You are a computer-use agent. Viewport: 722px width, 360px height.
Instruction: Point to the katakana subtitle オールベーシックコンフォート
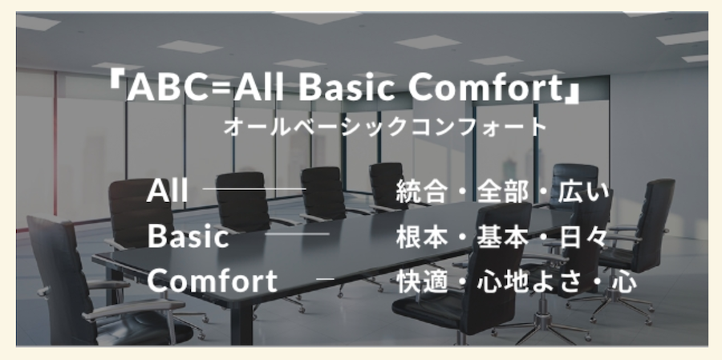(x=385, y=127)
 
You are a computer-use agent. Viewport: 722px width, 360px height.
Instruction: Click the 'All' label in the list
(x=167, y=190)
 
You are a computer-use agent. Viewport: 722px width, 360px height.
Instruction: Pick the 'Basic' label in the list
(x=189, y=237)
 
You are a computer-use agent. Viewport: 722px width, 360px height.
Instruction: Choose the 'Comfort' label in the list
(x=213, y=281)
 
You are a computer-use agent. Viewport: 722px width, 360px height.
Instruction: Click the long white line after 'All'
(x=254, y=188)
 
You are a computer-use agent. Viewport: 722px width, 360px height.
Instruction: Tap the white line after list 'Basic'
(x=297, y=234)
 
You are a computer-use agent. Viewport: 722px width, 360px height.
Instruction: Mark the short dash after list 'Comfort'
(x=325, y=278)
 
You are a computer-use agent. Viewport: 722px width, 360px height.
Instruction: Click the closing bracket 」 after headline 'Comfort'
(x=572, y=95)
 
